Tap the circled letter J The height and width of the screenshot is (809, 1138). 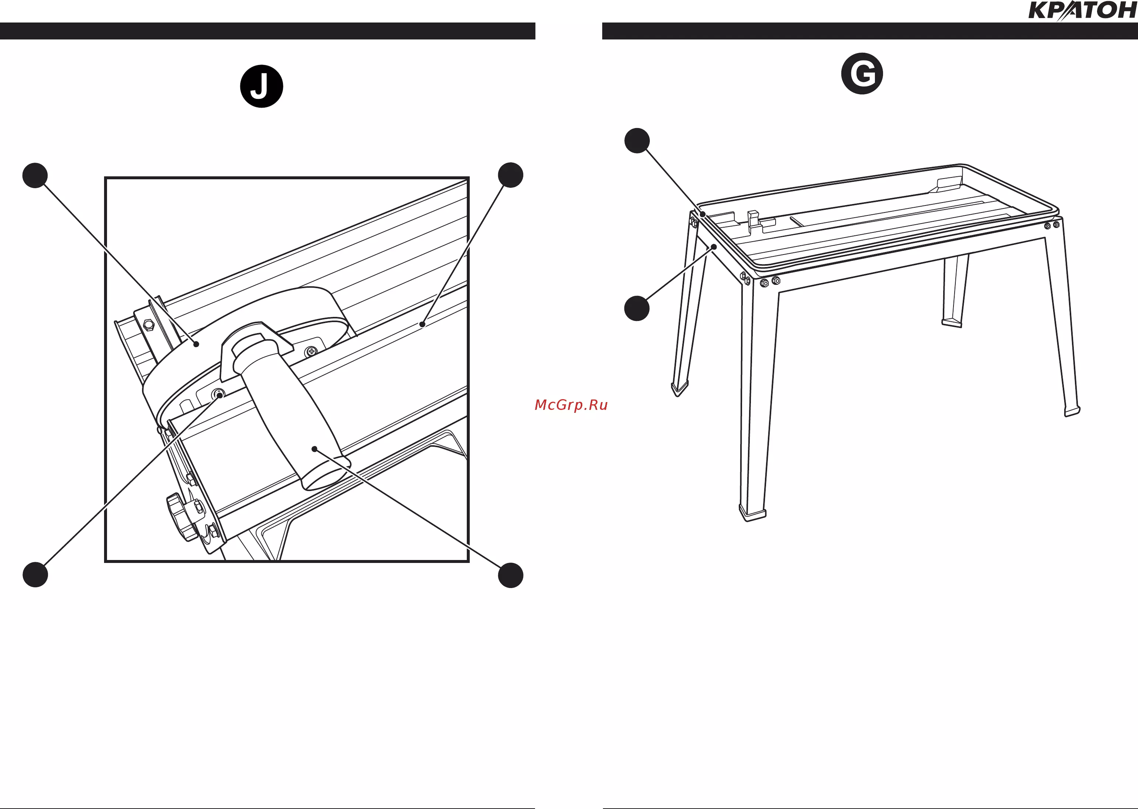[262, 86]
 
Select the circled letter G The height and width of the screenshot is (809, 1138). [862, 74]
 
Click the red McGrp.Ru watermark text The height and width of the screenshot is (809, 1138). [571, 405]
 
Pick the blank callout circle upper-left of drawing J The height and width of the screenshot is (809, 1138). [35, 175]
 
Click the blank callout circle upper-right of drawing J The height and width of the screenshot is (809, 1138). [511, 175]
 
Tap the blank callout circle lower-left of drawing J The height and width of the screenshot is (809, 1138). [35, 574]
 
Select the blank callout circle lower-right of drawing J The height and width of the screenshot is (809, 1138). [511, 575]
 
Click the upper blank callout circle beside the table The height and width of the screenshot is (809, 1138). [637, 141]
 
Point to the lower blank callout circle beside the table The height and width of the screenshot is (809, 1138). [637, 308]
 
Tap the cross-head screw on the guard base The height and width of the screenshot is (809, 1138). [311, 352]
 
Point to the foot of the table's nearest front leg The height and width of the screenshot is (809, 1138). [752, 513]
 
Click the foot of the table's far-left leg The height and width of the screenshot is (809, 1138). [680, 388]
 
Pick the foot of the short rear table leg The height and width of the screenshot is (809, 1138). [952, 323]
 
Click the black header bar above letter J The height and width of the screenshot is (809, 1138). [268, 31]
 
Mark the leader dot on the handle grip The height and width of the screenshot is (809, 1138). [314, 449]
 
